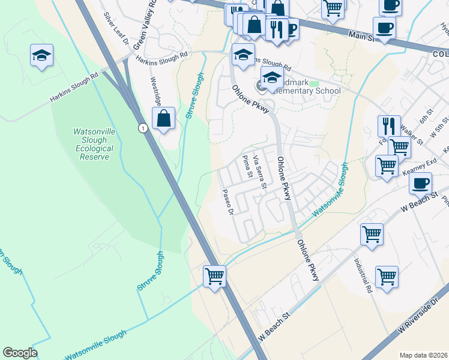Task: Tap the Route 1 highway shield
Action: pos(142,128)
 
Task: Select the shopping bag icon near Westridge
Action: pos(163,119)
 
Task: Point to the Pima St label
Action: pos(246,166)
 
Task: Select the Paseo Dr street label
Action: pos(227,202)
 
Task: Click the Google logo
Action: pos(20,353)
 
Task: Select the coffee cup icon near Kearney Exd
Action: pos(421,183)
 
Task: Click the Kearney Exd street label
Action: pos(423,164)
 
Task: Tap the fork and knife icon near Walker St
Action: pos(389,125)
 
